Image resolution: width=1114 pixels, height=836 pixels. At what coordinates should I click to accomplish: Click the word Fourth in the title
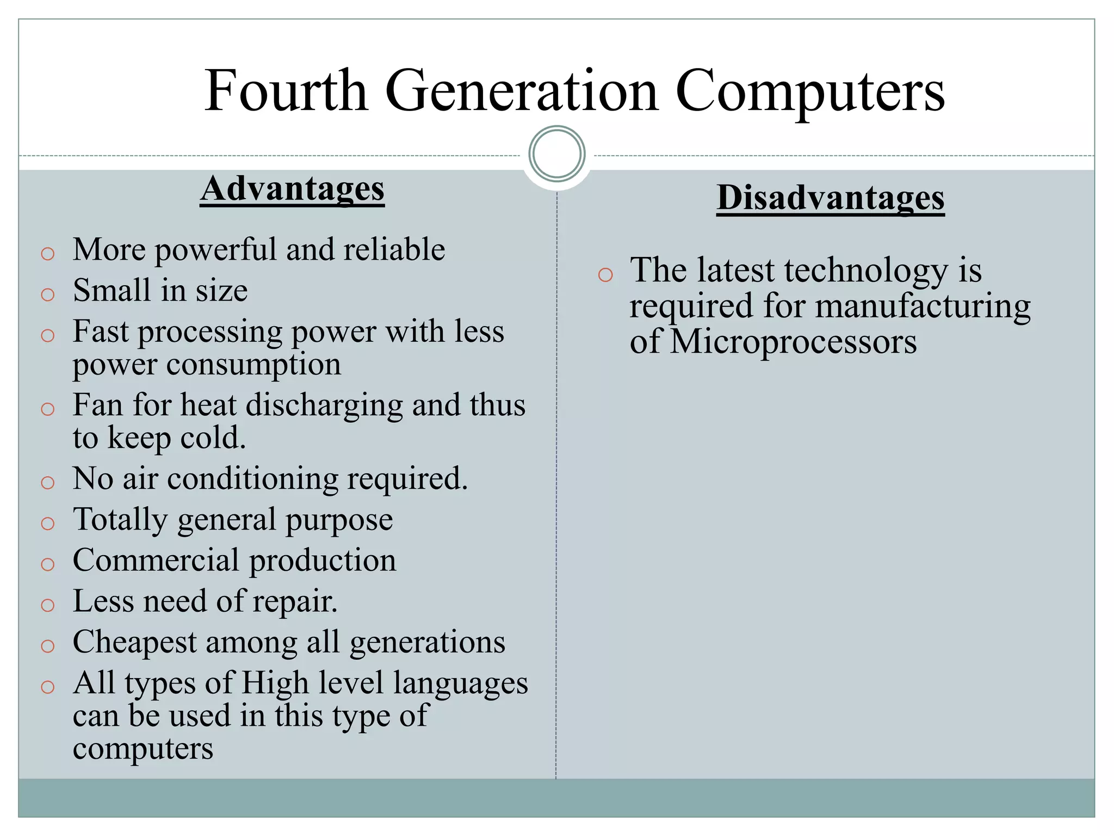point(286,91)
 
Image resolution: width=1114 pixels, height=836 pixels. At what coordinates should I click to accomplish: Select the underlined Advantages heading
point(292,189)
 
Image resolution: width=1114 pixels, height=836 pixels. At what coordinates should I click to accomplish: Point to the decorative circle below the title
point(556,153)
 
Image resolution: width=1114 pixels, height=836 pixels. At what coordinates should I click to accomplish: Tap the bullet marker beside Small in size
point(48,294)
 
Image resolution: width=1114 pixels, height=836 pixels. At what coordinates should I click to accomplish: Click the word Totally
point(120,519)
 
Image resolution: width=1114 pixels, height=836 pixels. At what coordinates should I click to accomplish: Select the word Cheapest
point(134,642)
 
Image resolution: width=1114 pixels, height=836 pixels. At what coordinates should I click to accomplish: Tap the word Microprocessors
point(793,342)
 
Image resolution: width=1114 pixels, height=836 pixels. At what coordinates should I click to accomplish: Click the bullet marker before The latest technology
point(605,275)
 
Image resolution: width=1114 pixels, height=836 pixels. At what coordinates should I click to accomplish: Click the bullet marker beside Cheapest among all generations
point(48,646)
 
